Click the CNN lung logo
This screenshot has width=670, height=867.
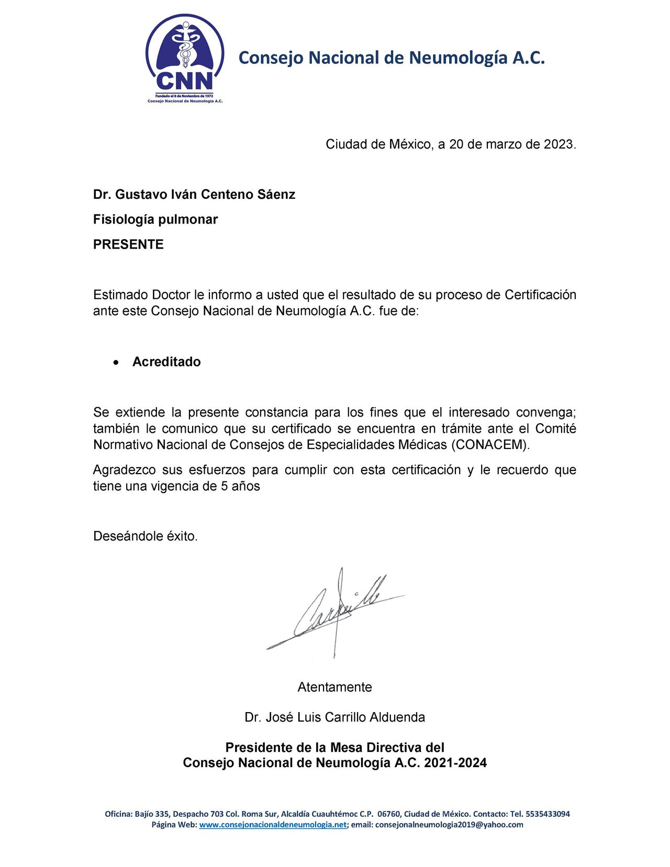click(x=185, y=58)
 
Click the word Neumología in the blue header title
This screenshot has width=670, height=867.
click(x=458, y=58)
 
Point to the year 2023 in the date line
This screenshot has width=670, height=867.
click(x=559, y=144)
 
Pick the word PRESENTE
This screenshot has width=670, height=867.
click(x=128, y=244)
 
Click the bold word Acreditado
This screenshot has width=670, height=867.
click(x=166, y=362)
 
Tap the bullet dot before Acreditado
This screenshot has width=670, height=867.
click(x=116, y=362)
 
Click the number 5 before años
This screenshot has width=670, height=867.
click(x=224, y=486)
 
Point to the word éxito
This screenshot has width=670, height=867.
click(x=182, y=536)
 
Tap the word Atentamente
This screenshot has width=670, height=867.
click(x=334, y=687)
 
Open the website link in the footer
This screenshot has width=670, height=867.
click(x=273, y=825)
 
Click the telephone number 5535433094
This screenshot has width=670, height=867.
click(x=547, y=814)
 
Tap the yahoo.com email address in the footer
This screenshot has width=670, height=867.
click(x=449, y=825)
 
